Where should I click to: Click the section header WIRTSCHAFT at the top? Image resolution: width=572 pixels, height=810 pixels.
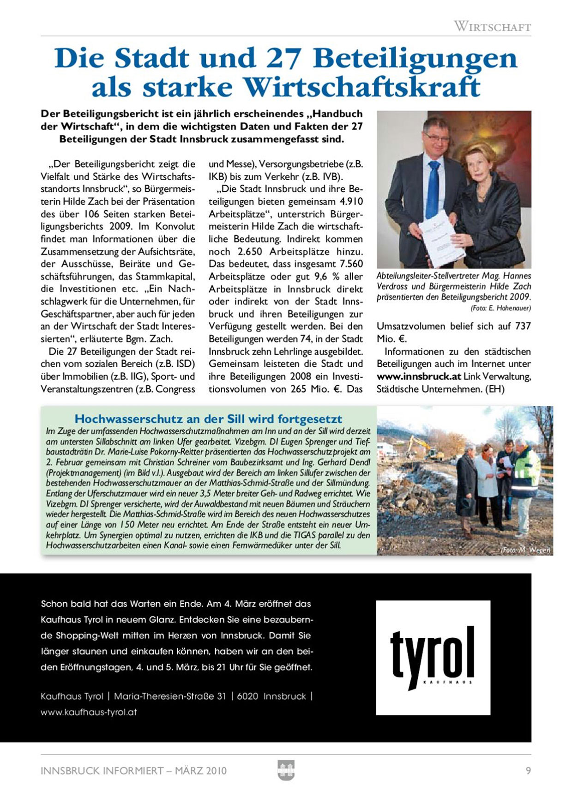(x=492, y=26)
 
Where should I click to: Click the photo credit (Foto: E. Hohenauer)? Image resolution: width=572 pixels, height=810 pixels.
(x=500, y=308)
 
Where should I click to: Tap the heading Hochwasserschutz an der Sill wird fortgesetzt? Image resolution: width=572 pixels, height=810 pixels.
(x=208, y=419)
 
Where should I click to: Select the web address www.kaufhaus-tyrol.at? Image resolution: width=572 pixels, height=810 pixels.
(x=89, y=712)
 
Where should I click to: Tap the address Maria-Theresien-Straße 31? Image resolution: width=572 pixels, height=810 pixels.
(x=170, y=696)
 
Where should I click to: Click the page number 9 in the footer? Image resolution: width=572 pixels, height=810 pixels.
(x=528, y=771)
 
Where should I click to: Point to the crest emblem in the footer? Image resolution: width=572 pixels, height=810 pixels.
(x=286, y=770)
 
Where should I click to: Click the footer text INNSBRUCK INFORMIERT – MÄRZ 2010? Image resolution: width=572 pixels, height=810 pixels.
(x=133, y=771)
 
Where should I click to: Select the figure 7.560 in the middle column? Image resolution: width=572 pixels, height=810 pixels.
(x=351, y=264)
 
